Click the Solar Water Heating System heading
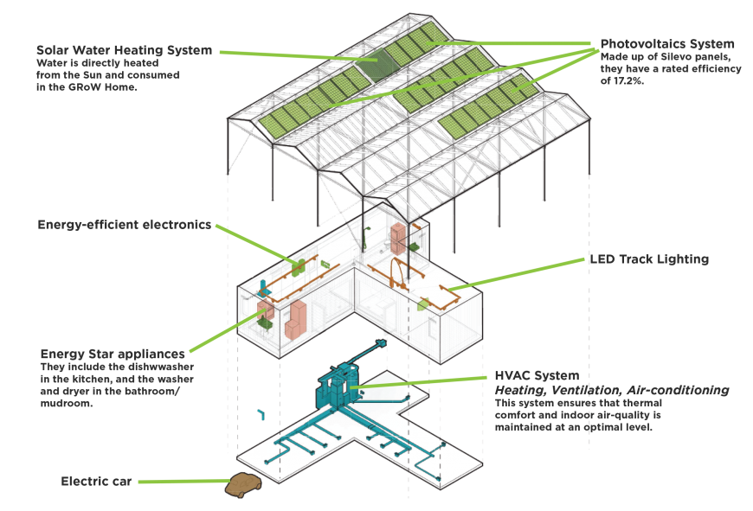click(x=124, y=50)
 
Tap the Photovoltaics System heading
click(x=667, y=43)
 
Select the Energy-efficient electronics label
click(x=124, y=225)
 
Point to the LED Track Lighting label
click(x=649, y=259)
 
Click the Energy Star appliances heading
click(x=113, y=354)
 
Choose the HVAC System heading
click(x=536, y=376)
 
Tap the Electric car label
click(x=96, y=481)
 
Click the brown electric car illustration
click(x=245, y=486)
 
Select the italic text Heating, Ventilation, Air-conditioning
click(x=611, y=391)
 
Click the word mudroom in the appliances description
click(x=66, y=404)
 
